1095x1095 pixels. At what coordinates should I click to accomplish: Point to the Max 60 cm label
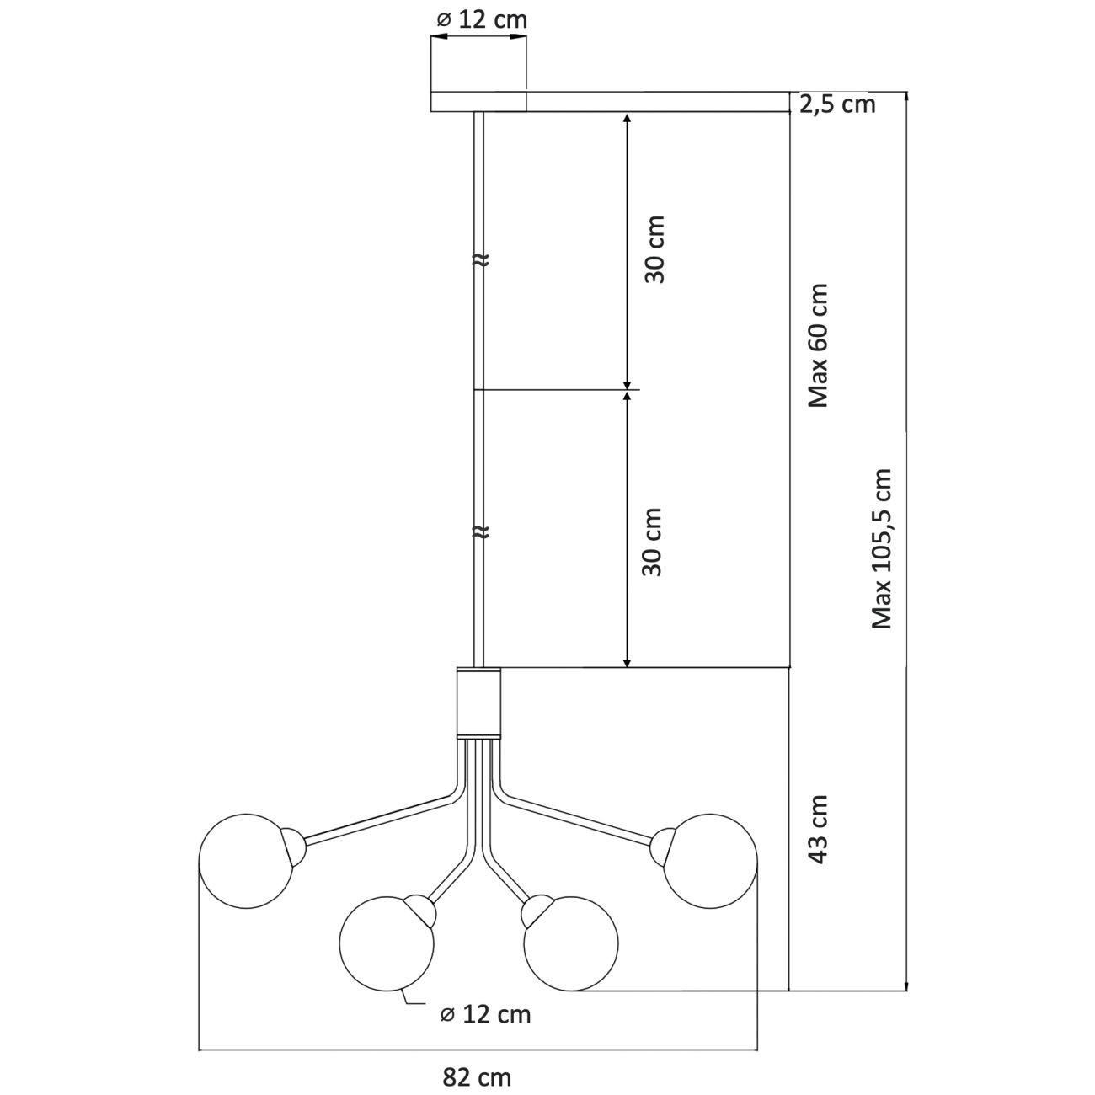(818, 345)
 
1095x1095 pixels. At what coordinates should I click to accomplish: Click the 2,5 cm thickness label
(837, 104)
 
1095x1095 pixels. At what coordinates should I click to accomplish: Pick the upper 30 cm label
(654, 248)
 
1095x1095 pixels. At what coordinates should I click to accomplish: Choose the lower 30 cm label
(652, 542)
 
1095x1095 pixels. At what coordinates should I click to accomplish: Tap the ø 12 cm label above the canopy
(482, 20)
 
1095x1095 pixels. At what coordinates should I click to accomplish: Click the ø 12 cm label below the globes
(485, 1014)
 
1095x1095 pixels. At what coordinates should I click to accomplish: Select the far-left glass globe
(247, 862)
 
